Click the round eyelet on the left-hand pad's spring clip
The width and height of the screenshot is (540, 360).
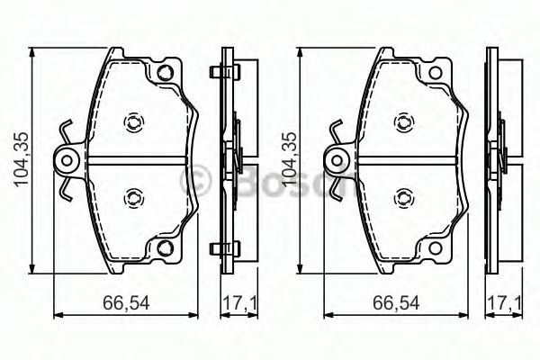67,162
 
